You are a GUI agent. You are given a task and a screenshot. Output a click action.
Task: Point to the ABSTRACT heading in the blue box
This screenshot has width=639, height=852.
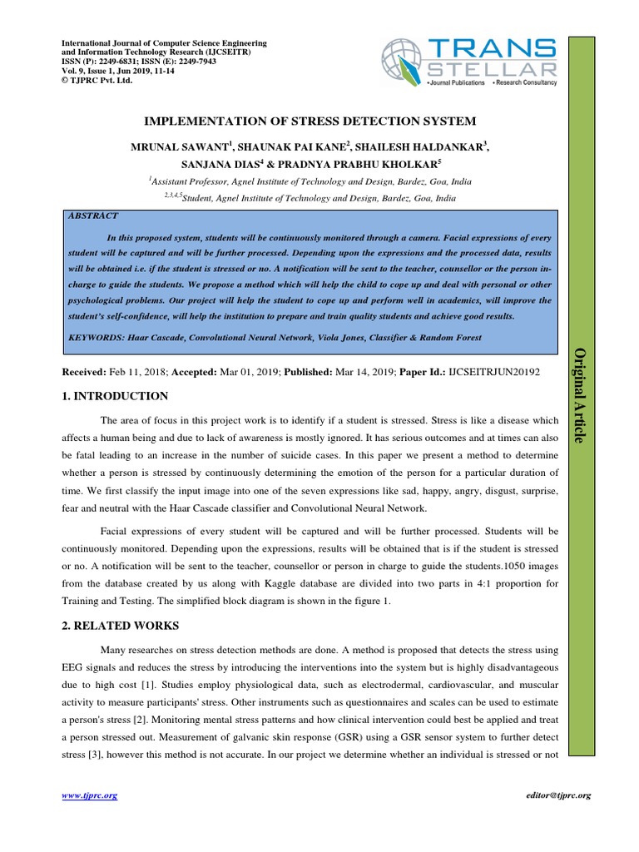(x=92, y=215)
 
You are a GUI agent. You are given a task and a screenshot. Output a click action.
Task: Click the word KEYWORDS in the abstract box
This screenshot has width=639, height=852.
(x=96, y=338)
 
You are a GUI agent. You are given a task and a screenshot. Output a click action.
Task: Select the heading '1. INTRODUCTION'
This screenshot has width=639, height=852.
(x=115, y=396)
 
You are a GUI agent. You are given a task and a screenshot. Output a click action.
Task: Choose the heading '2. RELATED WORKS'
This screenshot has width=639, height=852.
(x=120, y=625)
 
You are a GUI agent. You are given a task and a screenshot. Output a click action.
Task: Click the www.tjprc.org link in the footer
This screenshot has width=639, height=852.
(x=90, y=795)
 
